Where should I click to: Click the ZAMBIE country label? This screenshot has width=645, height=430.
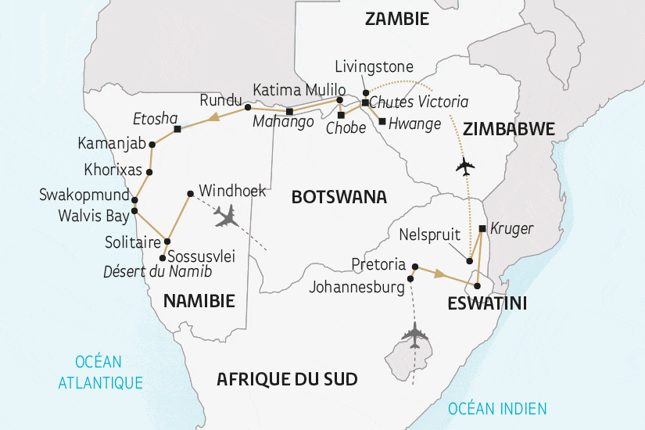pos(397,20)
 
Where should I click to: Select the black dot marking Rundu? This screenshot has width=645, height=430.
pos(248,107)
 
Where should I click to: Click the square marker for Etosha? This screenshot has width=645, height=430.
pos(177,129)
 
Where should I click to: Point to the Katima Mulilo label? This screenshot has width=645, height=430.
pos(293,89)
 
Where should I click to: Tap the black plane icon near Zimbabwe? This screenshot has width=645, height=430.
pos(466,167)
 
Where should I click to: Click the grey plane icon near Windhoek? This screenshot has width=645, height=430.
pos(226,217)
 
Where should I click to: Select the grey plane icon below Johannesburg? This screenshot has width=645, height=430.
pos(414,335)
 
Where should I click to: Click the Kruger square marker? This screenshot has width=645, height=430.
pos(482,229)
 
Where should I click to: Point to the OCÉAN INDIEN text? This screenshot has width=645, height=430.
pos(497,408)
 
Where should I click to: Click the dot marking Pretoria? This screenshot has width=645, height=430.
pos(415,265)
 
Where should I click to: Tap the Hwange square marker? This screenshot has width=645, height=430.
pos(381,121)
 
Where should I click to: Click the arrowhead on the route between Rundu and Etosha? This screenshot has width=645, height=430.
pos(211,120)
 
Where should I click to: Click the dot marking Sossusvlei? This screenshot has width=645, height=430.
pos(162,257)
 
